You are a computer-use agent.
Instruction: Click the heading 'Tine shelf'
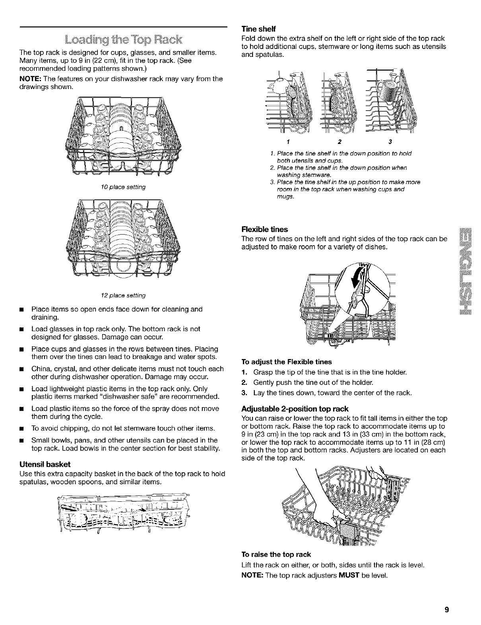(258, 29)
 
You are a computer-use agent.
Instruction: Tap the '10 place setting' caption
(123, 187)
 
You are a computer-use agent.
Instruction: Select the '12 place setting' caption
(123, 295)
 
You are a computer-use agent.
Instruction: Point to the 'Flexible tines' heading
(264, 229)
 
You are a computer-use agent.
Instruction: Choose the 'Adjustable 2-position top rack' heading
(295, 409)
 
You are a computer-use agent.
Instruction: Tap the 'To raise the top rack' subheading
(276, 554)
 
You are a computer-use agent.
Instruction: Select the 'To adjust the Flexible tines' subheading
(287, 362)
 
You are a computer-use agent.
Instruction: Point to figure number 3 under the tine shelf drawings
(390, 142)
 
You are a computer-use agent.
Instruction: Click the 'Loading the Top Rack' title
(123, 40)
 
